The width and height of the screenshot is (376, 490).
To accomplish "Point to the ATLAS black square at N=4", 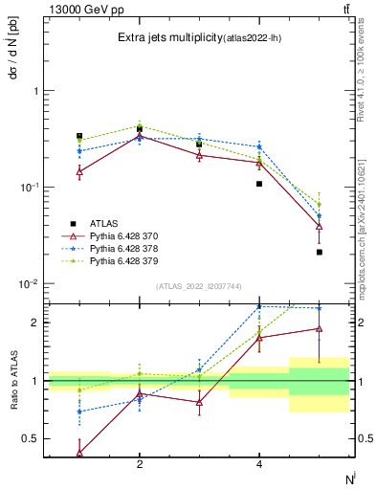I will [x=259, y=183].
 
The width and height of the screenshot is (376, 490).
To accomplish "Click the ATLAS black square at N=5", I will [x=319, y=252].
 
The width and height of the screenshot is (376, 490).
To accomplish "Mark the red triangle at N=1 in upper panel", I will [x=79, y=172].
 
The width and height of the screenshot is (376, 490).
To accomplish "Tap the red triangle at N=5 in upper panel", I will [x=319, y=226].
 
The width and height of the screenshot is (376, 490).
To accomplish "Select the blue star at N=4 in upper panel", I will [x=259, y=146].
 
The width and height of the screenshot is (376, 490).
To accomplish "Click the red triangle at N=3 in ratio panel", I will [x=199, y=402].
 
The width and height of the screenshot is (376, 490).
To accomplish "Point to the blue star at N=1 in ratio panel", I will [x=79, y=412].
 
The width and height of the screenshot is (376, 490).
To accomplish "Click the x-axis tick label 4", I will [x=259, y=464].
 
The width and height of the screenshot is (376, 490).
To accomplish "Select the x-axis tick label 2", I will [x=140, y=464].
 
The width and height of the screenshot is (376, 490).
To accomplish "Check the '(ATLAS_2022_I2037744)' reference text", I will [x=199, y=285].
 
